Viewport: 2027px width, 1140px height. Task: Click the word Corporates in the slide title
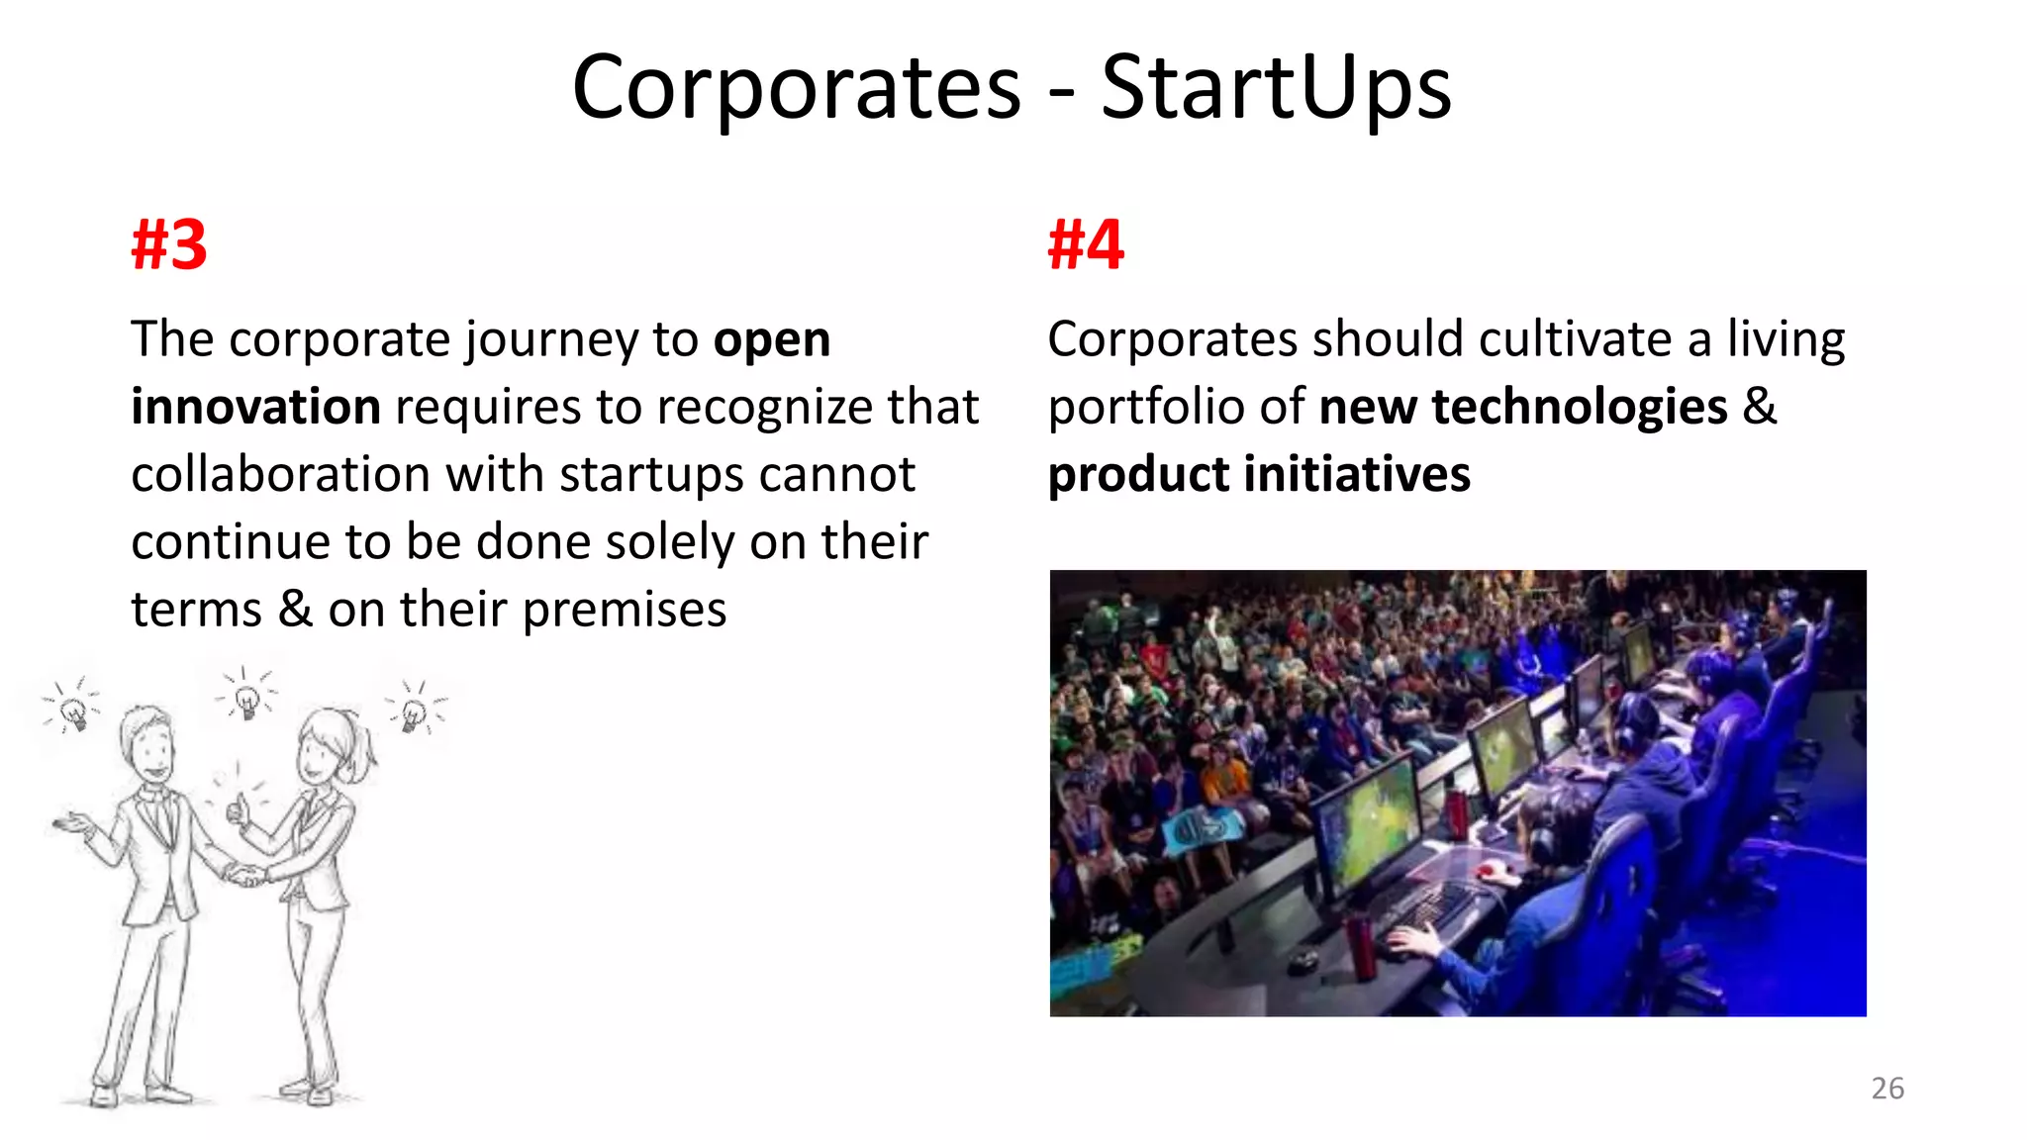tap(797, 89)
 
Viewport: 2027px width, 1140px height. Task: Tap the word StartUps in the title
tap(1276, 89)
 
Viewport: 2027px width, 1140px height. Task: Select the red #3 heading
tap(169, 244)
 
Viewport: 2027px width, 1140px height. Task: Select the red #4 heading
tap(1086, 244)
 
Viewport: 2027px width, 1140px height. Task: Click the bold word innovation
tap(255, 407)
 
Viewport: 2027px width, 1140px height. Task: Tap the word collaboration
tap(280, 474)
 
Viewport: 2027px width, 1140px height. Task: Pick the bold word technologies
tap(1579, 407)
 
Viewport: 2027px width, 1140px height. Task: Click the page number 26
tap(1887, 1088)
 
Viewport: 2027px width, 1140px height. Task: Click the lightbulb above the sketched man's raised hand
tap(73, 711)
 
